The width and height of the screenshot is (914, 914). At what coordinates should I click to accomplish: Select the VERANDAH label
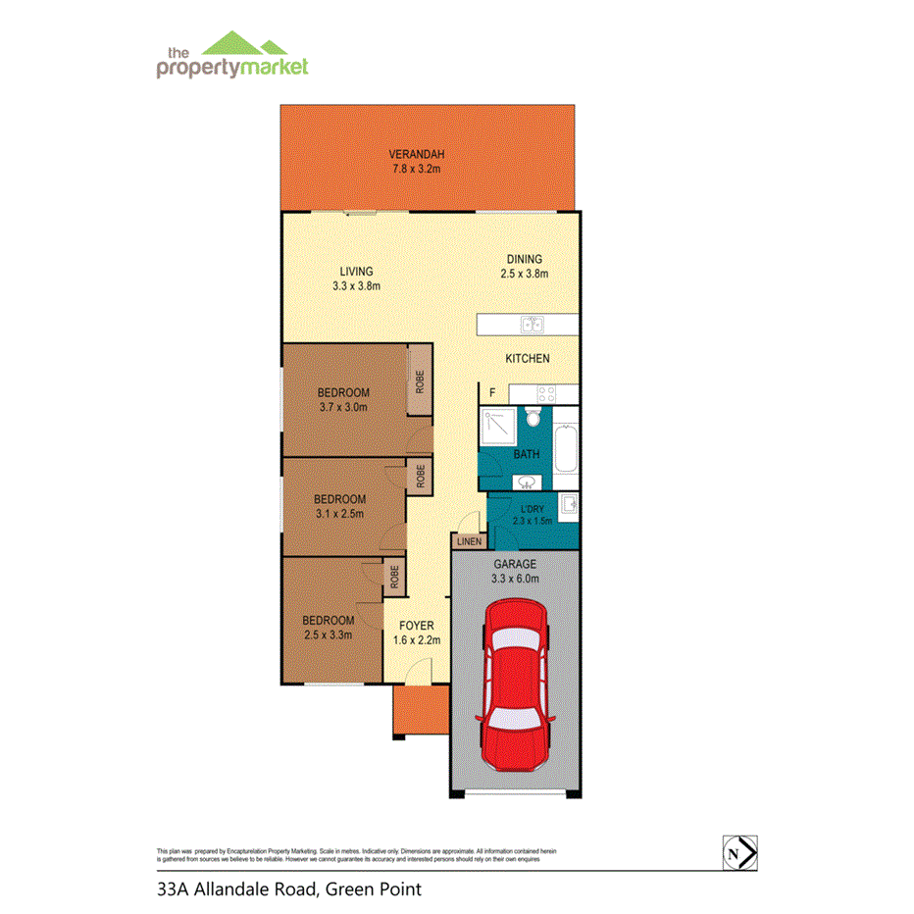[x=417, y=154]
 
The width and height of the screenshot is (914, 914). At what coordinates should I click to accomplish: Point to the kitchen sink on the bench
[x=533, y=325]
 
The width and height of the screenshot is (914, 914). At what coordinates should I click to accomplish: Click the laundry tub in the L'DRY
[x=568, y=506]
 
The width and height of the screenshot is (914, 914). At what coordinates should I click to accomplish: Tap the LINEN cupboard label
[x=467, y=540]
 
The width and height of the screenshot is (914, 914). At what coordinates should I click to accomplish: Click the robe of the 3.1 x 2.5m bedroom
[x=420, y=478]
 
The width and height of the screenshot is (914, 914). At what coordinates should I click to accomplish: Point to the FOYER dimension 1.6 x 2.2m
[x=417, y=639]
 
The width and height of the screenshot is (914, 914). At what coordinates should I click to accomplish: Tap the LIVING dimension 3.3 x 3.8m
[x=356, y=285]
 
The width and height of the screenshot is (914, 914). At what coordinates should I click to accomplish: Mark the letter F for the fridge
[x=493, y=393]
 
